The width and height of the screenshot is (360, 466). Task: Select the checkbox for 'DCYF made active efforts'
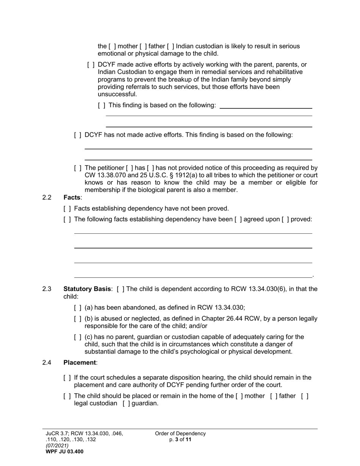coord(91,65)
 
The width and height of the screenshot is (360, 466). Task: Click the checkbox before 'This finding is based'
coord(101,105)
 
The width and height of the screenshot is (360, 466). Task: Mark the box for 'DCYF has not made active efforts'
coord(78,135)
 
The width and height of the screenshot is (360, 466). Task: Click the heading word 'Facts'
coord(72,197)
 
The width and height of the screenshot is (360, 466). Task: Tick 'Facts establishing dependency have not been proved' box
coord(67,209)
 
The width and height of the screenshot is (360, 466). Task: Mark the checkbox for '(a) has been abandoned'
coord(78,308)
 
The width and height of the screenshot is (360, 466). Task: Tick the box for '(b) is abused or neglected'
coord(78,319)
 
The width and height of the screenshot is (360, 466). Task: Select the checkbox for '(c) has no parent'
coord(78,337)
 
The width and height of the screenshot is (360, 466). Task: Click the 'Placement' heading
coord(80,363)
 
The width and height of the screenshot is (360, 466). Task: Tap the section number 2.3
coord(47,289)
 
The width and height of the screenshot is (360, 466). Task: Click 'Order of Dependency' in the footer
coord(180,433)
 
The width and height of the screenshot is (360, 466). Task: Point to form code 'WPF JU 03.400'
coord(65,452)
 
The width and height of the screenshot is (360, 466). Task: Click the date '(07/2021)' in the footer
coord(57,446)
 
